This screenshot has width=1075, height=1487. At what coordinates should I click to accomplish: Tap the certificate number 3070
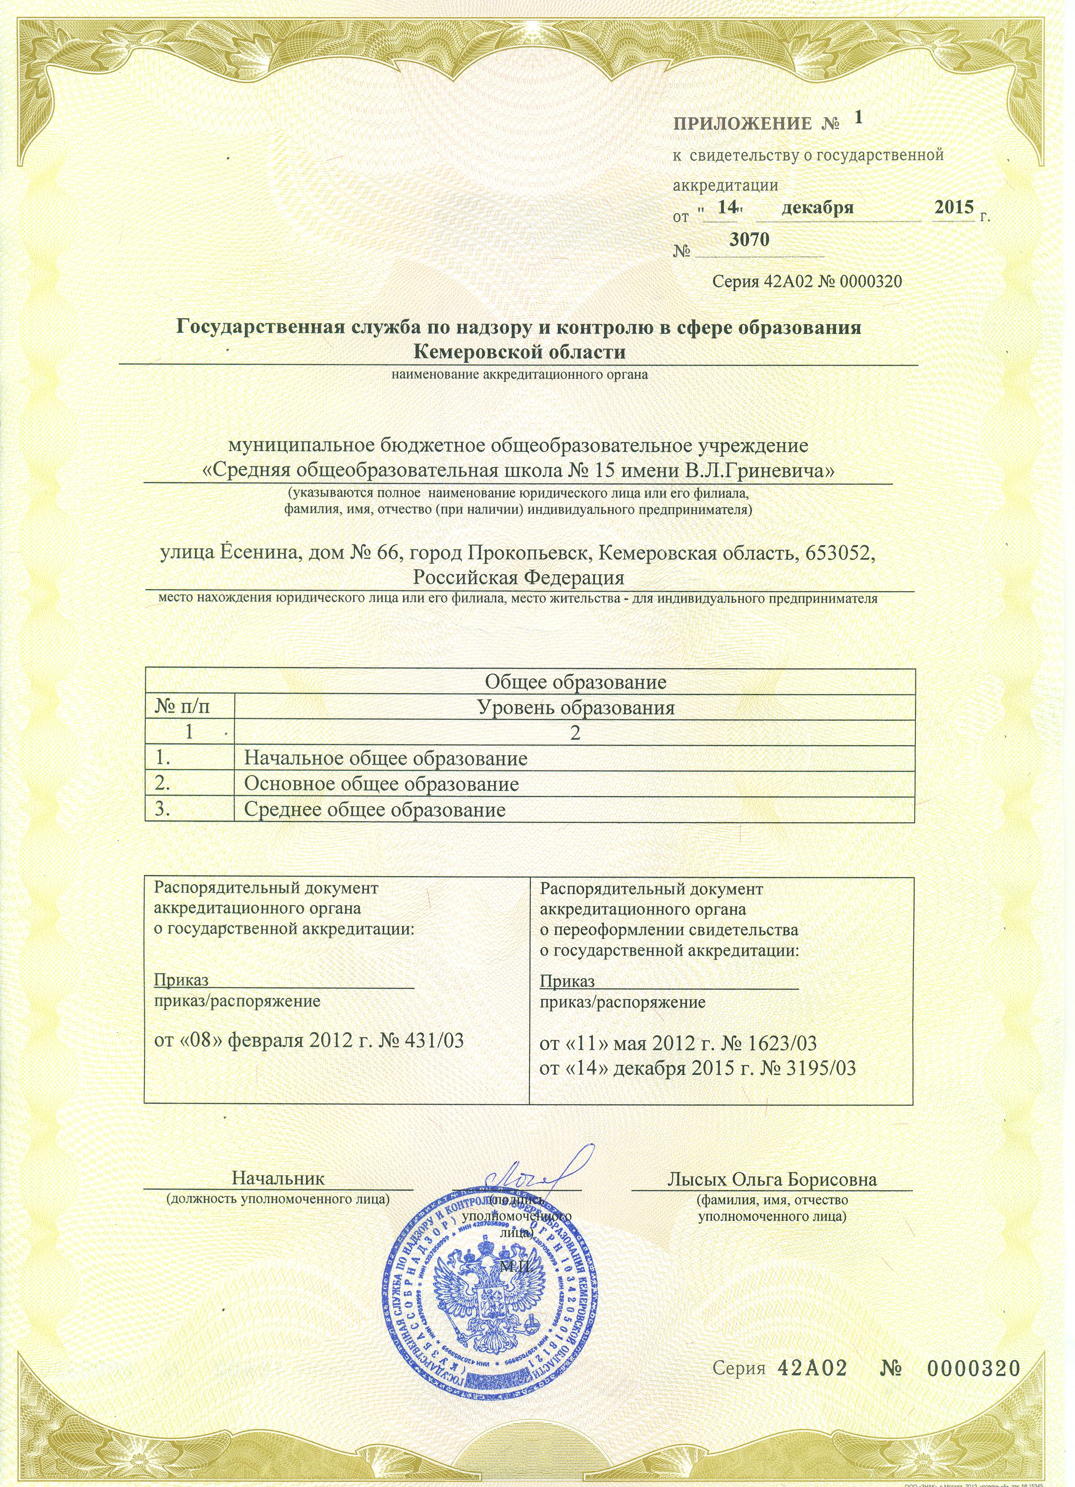pos(749,239)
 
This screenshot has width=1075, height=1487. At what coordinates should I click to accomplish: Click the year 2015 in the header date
pos(954,207)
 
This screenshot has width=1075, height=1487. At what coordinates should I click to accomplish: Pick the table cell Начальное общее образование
pos(385,759)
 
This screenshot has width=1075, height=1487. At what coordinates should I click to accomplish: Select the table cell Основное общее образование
pos(382,784)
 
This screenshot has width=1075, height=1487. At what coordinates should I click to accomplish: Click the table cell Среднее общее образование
pos(375,810)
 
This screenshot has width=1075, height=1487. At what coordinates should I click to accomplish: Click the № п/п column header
pos(185,707)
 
